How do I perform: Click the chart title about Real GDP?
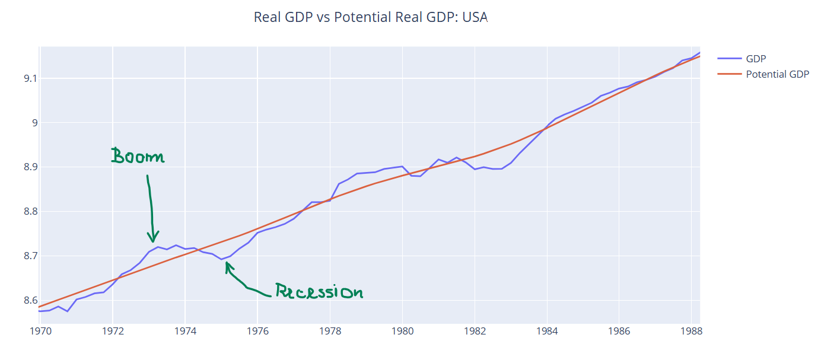[x=370, y=17]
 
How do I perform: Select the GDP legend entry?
[x=756, y=58]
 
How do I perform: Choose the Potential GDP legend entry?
[x=777, y=74]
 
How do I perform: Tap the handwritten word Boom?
[x=137, y=156]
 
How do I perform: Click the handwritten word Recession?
[x=319, y=291]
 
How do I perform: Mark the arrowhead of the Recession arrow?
[x=227, y=265]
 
